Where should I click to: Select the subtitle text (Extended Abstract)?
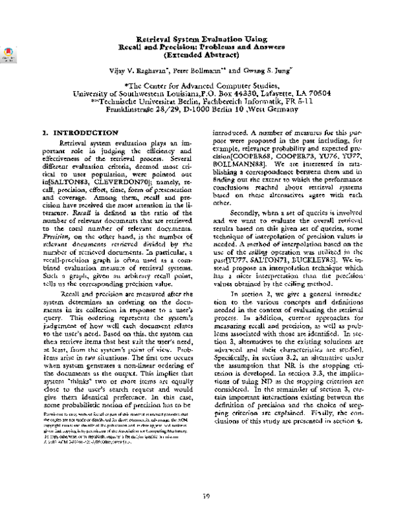(204, 56)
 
